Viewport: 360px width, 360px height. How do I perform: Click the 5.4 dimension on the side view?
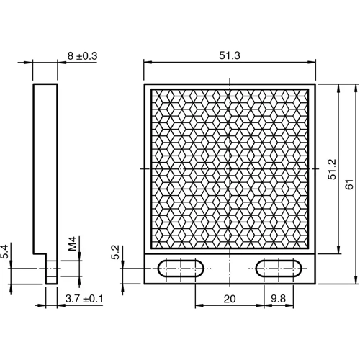coord(6,251)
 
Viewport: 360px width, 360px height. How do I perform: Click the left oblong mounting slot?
coord(177,269)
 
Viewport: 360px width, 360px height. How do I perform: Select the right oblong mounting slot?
coord(280,269)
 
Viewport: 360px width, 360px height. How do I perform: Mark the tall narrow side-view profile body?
coord(45,166)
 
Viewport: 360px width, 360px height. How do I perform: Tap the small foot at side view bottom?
coord(51,271)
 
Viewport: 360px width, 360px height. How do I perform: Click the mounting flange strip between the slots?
coord(228,269)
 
